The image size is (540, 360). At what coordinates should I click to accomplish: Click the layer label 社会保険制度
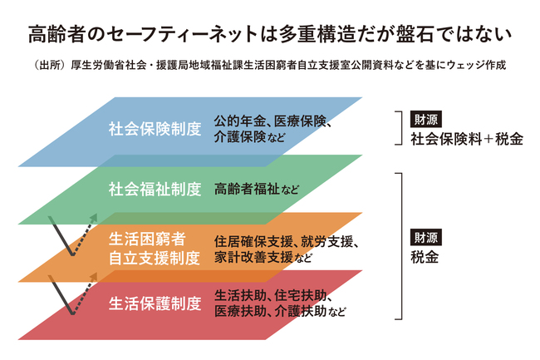[x=155, y=130]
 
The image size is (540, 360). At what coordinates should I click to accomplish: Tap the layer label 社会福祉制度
[x=155, y=189]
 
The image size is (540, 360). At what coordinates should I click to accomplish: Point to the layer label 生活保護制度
[x=155, y=303]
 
